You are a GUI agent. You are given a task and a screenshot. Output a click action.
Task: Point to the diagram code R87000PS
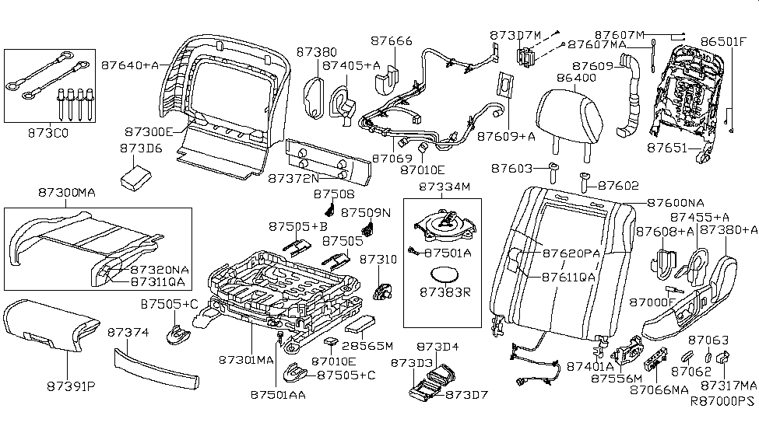[x=723, y=402]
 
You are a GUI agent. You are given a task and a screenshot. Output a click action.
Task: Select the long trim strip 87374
[x=153, y=368]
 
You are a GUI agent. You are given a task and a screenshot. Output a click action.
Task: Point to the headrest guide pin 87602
[x=585, y=181]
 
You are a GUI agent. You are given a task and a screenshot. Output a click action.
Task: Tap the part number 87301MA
[x=246, y=360]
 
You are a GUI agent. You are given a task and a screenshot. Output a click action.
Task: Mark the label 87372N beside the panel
[x=294, y=178]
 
